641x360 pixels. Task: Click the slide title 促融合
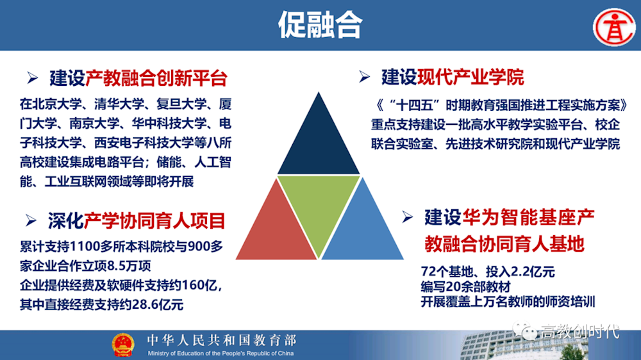tap(320, 25)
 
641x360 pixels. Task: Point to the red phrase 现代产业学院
tap(470, 78)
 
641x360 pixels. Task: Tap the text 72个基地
tap(446, 272)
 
